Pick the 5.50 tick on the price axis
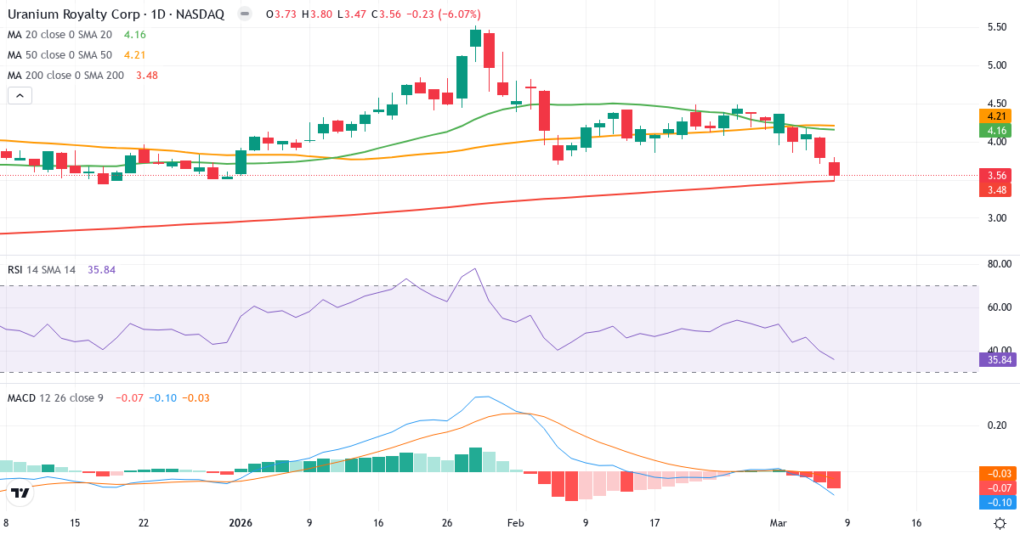click(x=995, y=27)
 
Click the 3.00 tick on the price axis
click(x=995, y=217)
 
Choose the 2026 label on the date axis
click(x=241, y=523)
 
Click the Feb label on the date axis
click(x=516, y=523)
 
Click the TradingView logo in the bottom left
click(x=21, y=493)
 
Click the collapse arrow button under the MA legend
click(x=20, y=95)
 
